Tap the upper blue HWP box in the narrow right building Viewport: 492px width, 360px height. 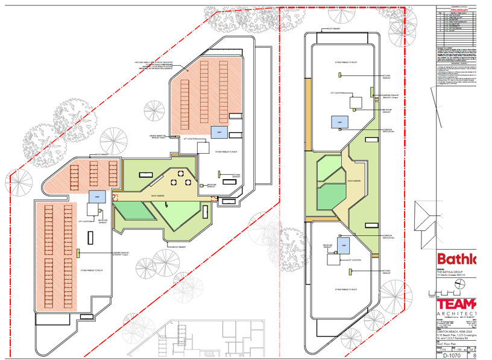click(340, 122)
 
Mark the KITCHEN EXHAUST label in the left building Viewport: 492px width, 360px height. click(228, 175)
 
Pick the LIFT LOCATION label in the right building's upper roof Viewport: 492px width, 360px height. click(336, 93)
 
